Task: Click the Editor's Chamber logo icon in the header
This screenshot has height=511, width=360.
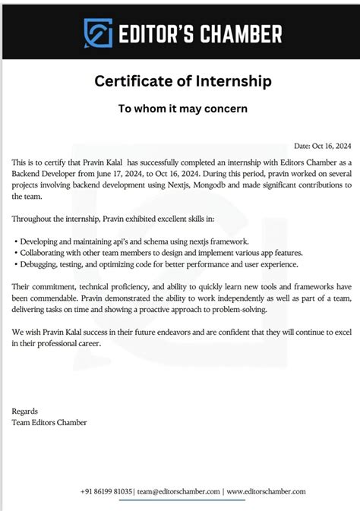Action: pos(97,33)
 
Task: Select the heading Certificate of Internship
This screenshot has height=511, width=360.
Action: pos(182,80)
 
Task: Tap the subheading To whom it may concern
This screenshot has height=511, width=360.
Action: pos(182,109)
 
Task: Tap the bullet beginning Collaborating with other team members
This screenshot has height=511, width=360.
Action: pos(161,253)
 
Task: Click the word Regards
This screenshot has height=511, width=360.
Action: pos(26,411)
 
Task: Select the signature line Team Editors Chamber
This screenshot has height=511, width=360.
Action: pos(49,422)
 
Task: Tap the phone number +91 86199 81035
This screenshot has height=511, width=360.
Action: pos(109,491)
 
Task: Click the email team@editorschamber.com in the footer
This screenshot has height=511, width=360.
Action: pos(180,491)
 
